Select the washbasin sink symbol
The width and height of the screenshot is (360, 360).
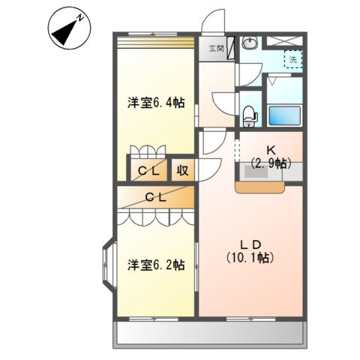[x=249, y=43]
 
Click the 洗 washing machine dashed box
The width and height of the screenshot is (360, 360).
[x=292, y=59]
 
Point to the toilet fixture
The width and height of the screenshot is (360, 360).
[x=249, y=115]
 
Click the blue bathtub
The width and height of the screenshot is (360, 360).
[x=285, y=114]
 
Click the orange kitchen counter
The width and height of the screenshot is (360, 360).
[x=259, y=188]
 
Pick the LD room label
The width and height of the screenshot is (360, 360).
[x=249, y=244]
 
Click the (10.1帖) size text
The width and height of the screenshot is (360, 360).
[x=250, y=258]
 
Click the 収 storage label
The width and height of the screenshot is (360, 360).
[x=182, y=170]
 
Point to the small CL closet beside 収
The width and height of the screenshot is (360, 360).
[x=148, y=170]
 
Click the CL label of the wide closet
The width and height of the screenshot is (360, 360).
[x=155, y=197]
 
